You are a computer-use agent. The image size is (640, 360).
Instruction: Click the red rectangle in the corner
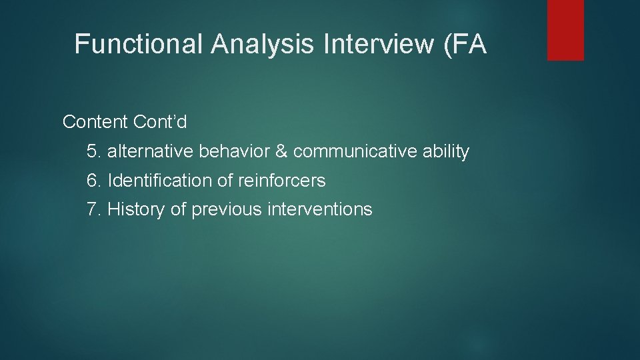coord(565,30)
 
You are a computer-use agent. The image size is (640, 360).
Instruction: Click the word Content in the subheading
coord(95,122)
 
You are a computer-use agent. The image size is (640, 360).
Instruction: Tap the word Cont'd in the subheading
coord(160,122)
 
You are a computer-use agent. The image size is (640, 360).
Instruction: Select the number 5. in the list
coord(94,152)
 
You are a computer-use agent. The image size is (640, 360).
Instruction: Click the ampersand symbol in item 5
coord(281,152)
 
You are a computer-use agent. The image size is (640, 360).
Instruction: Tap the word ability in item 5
coord(446,152)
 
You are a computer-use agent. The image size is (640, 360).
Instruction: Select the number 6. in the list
coord(94,181)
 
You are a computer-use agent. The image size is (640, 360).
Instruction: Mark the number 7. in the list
coord(94,209)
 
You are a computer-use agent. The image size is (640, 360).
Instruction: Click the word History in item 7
coord(136,209)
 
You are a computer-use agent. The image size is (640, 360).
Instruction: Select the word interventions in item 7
coord(320,209)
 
